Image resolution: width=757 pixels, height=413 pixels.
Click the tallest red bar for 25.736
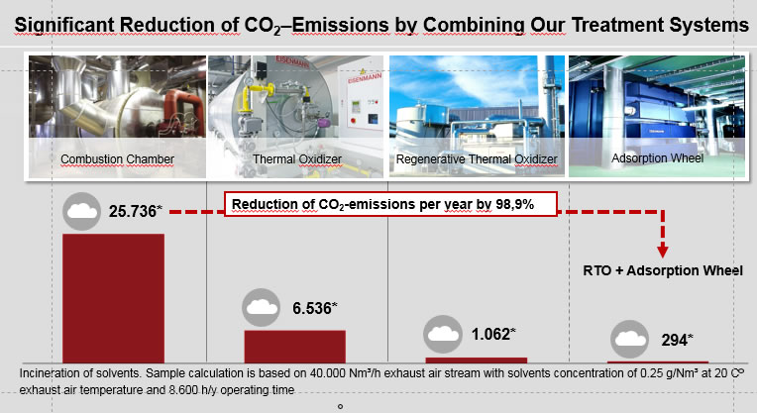114,298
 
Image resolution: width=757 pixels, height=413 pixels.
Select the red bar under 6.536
295,347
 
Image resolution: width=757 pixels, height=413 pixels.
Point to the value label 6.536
314,308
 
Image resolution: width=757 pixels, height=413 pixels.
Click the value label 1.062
493,334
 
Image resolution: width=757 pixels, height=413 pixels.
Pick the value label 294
677,340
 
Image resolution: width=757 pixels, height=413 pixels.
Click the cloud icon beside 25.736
81,211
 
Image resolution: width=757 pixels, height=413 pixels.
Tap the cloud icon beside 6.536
261,307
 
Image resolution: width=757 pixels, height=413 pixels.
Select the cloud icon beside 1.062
442,334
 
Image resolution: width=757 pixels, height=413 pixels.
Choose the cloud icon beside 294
629,339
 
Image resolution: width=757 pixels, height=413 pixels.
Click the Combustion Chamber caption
117,159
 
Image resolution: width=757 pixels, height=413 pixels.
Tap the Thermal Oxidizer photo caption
297,159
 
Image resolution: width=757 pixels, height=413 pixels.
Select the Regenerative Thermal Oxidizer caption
477,159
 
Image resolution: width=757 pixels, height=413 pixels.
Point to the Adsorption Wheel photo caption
657,158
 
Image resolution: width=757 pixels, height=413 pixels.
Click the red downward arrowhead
662,252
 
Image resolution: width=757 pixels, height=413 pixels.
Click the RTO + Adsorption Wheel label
663,270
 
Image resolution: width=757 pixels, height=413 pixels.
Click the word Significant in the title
64,25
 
